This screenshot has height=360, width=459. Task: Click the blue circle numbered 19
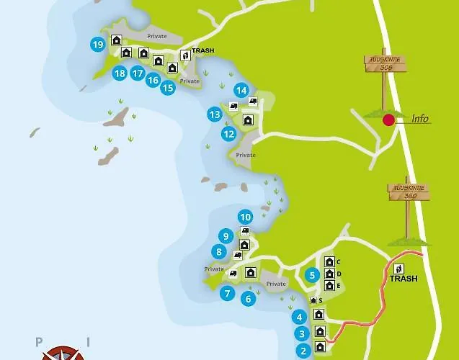pyautogui.click(x=98, y=45)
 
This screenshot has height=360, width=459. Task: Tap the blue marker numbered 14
pyautogui.click(x=241, y=90)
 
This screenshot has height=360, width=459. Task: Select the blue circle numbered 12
pyautogui.click(x=229, y=133)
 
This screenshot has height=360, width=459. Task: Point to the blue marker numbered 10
pyautogui.click(x=245, y=217)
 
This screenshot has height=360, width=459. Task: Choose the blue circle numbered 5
pyautogui.click(x=312, y=274)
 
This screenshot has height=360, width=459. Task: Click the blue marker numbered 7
pyautogui.click(x=227, y=293)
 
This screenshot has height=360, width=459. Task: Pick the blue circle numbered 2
pyautogui.click(x=303, y=351)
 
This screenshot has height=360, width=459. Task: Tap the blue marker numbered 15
pyautogui.click(x=168, y=88)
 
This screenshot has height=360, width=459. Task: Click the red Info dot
pyautogui.click(x=388, y=120)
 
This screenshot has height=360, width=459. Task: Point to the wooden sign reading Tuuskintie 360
pyautogui.click(x=406, y=191)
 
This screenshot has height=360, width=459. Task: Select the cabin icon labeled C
pyautogui.click(x=329, y=262)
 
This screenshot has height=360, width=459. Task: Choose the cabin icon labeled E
pyautogui.click(x=329, y=285)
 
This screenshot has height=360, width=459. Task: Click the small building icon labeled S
pyautogui.click(x=313, y=300)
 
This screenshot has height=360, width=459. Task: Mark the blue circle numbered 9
pyautogui.click(x=226, y=235)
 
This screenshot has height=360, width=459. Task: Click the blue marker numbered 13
pyautogui.click(x=214, y=114)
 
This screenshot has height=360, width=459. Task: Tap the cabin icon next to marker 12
pyautogui.click(x=248, y=120)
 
